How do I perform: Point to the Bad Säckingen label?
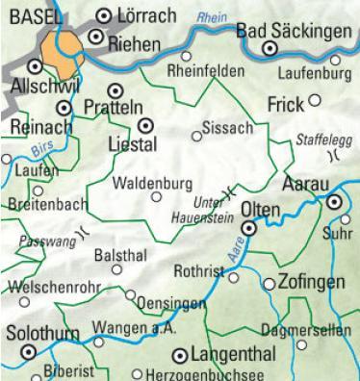point(295,33)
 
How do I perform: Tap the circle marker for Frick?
point(314,99)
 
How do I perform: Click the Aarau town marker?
point(334,202)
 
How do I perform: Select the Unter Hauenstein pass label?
point(201,209)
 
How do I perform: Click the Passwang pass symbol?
point(85,231)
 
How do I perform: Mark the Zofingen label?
point(310,283)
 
